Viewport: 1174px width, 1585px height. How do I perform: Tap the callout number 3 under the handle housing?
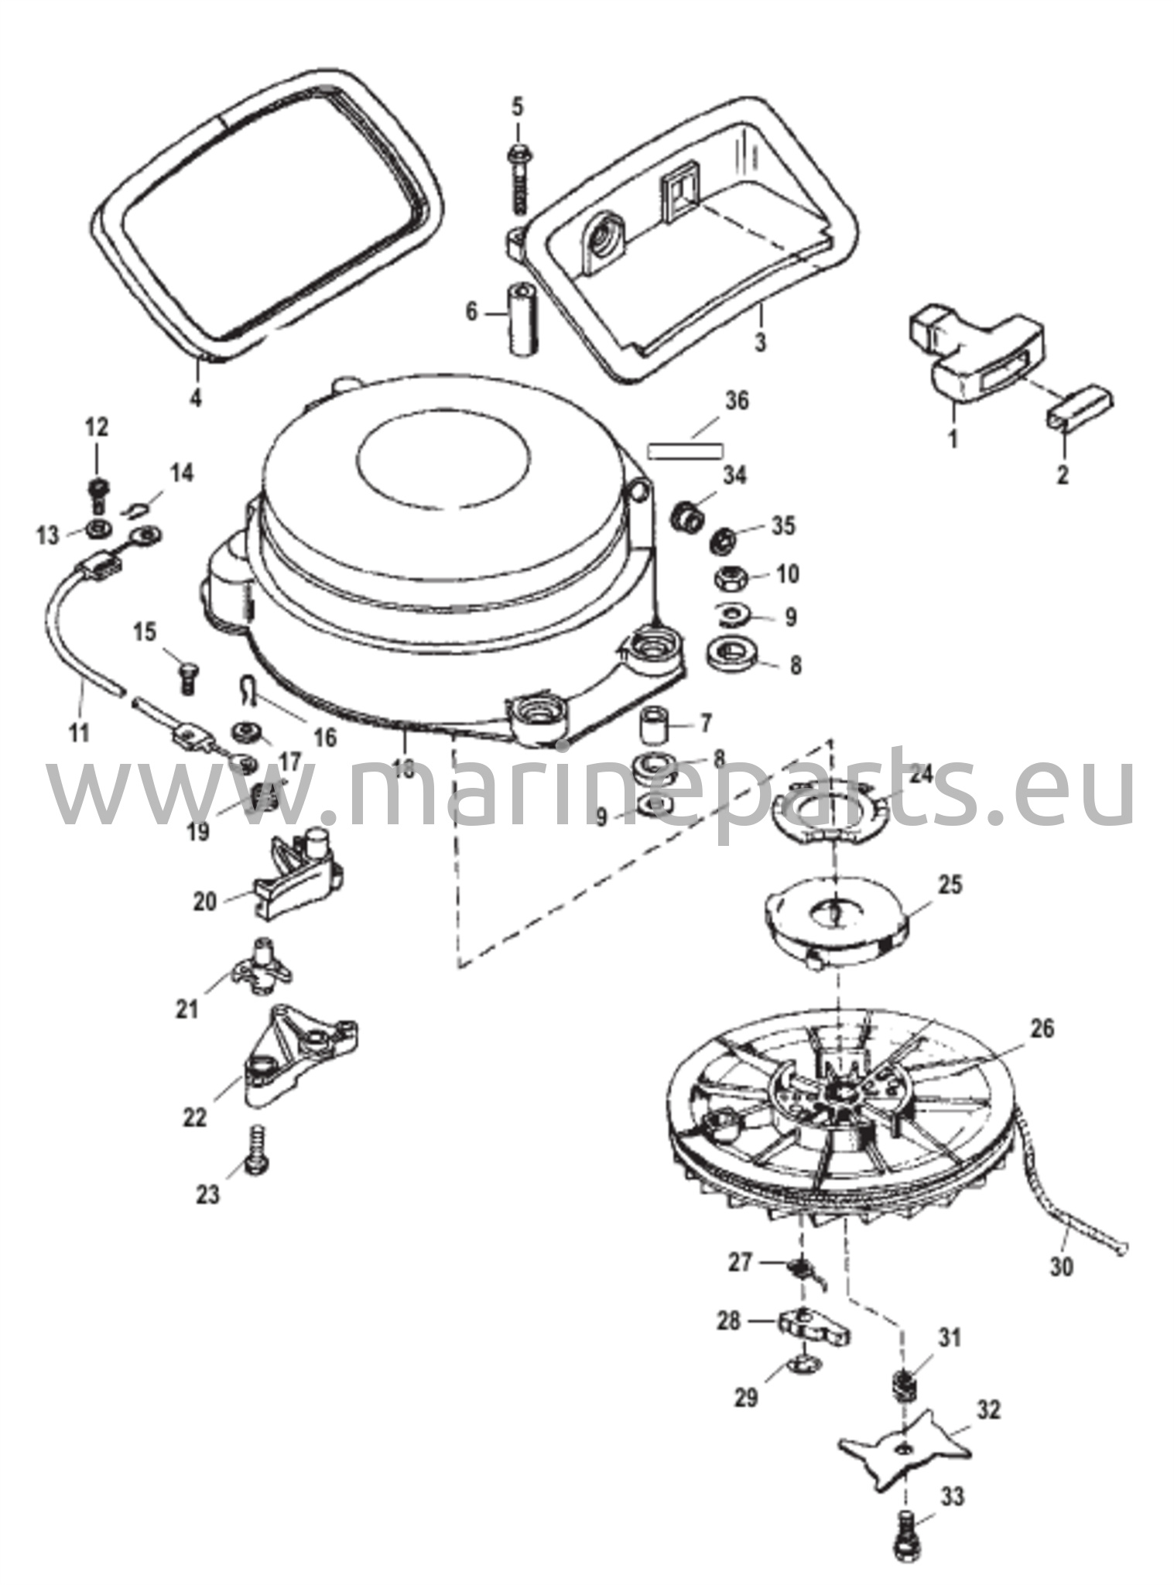click(x=760, y=341)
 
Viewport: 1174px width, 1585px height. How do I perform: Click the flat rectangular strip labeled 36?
click(x=685, y=447)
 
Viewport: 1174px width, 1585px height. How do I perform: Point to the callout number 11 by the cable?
click(x=80, y=731)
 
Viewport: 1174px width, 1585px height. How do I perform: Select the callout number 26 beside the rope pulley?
click(x=1042, y=1029)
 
